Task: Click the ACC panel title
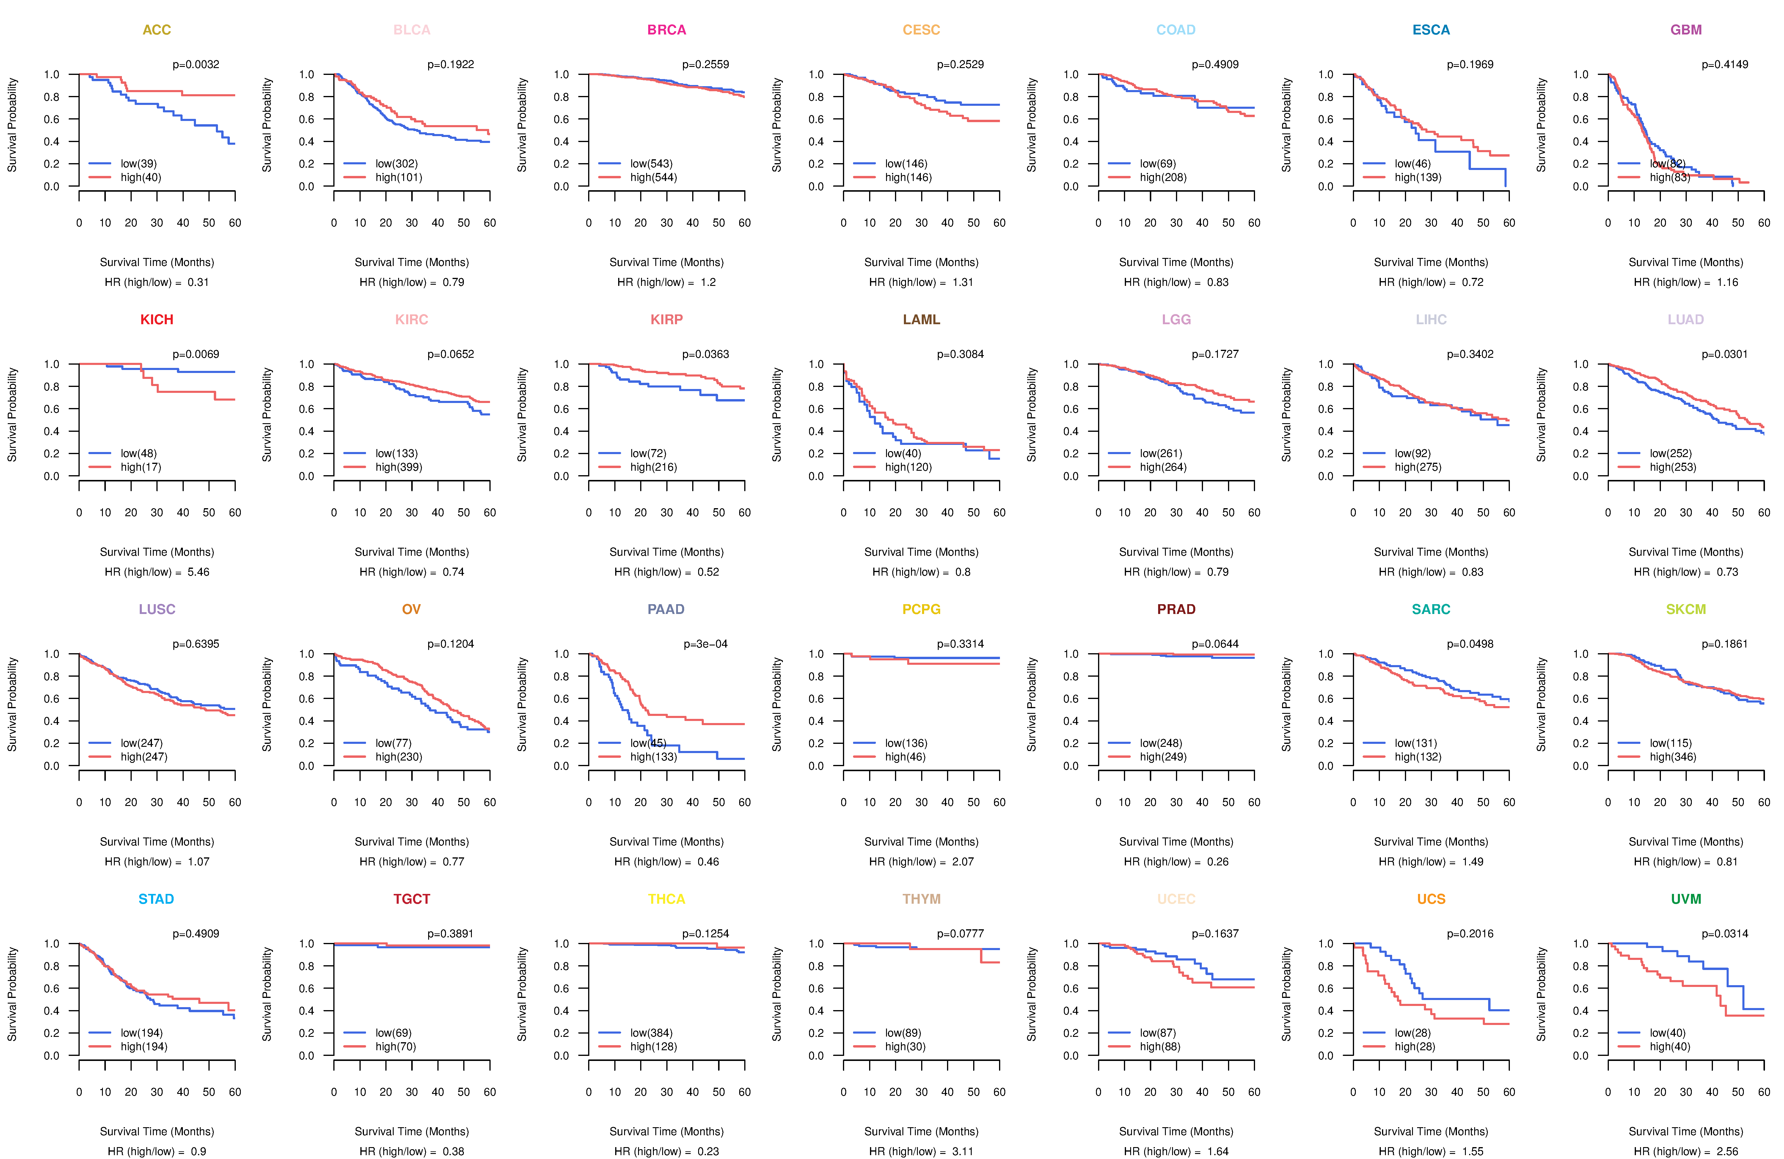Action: pos(157,30)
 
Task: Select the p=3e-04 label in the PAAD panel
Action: pos(705,644)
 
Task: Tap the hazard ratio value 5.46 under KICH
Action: pos(199,572)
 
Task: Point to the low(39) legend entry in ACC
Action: pos(139,163)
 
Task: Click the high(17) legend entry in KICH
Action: pos(141,467)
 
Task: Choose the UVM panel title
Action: pos(1686,899)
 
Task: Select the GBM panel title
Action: pos(1686,30)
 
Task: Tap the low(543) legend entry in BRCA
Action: pos(651,163)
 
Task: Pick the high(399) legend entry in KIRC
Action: pos(399,467)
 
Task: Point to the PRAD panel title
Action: pos(1176,609)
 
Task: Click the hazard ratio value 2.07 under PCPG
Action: pos(963,862)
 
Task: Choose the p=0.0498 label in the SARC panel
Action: pos(1470,644)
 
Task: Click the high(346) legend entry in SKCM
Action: pos(1673,757)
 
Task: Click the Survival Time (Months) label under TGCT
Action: pos(412,1131)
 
